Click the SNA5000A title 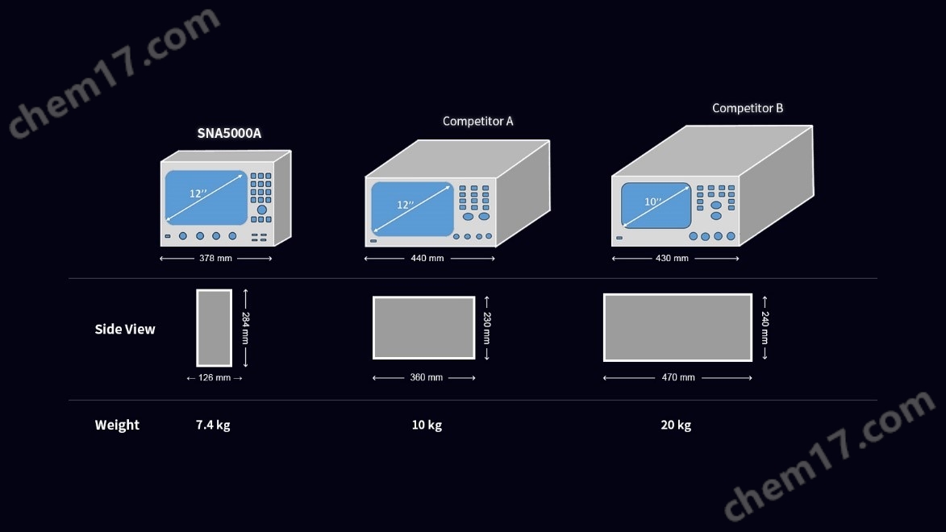229,133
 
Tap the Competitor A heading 477,121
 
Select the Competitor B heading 748,108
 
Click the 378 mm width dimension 215,258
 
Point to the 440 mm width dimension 427,258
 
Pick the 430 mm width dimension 672,258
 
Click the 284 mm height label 245,328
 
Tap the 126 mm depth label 215,377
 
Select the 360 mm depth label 427,377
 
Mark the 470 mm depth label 678,377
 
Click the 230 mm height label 487,328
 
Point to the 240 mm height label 765,328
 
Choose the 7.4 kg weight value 213,425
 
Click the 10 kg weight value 427,425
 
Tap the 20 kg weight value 676,425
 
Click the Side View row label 125,329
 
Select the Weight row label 117,425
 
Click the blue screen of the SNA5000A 206,197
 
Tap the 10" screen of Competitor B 656,206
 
